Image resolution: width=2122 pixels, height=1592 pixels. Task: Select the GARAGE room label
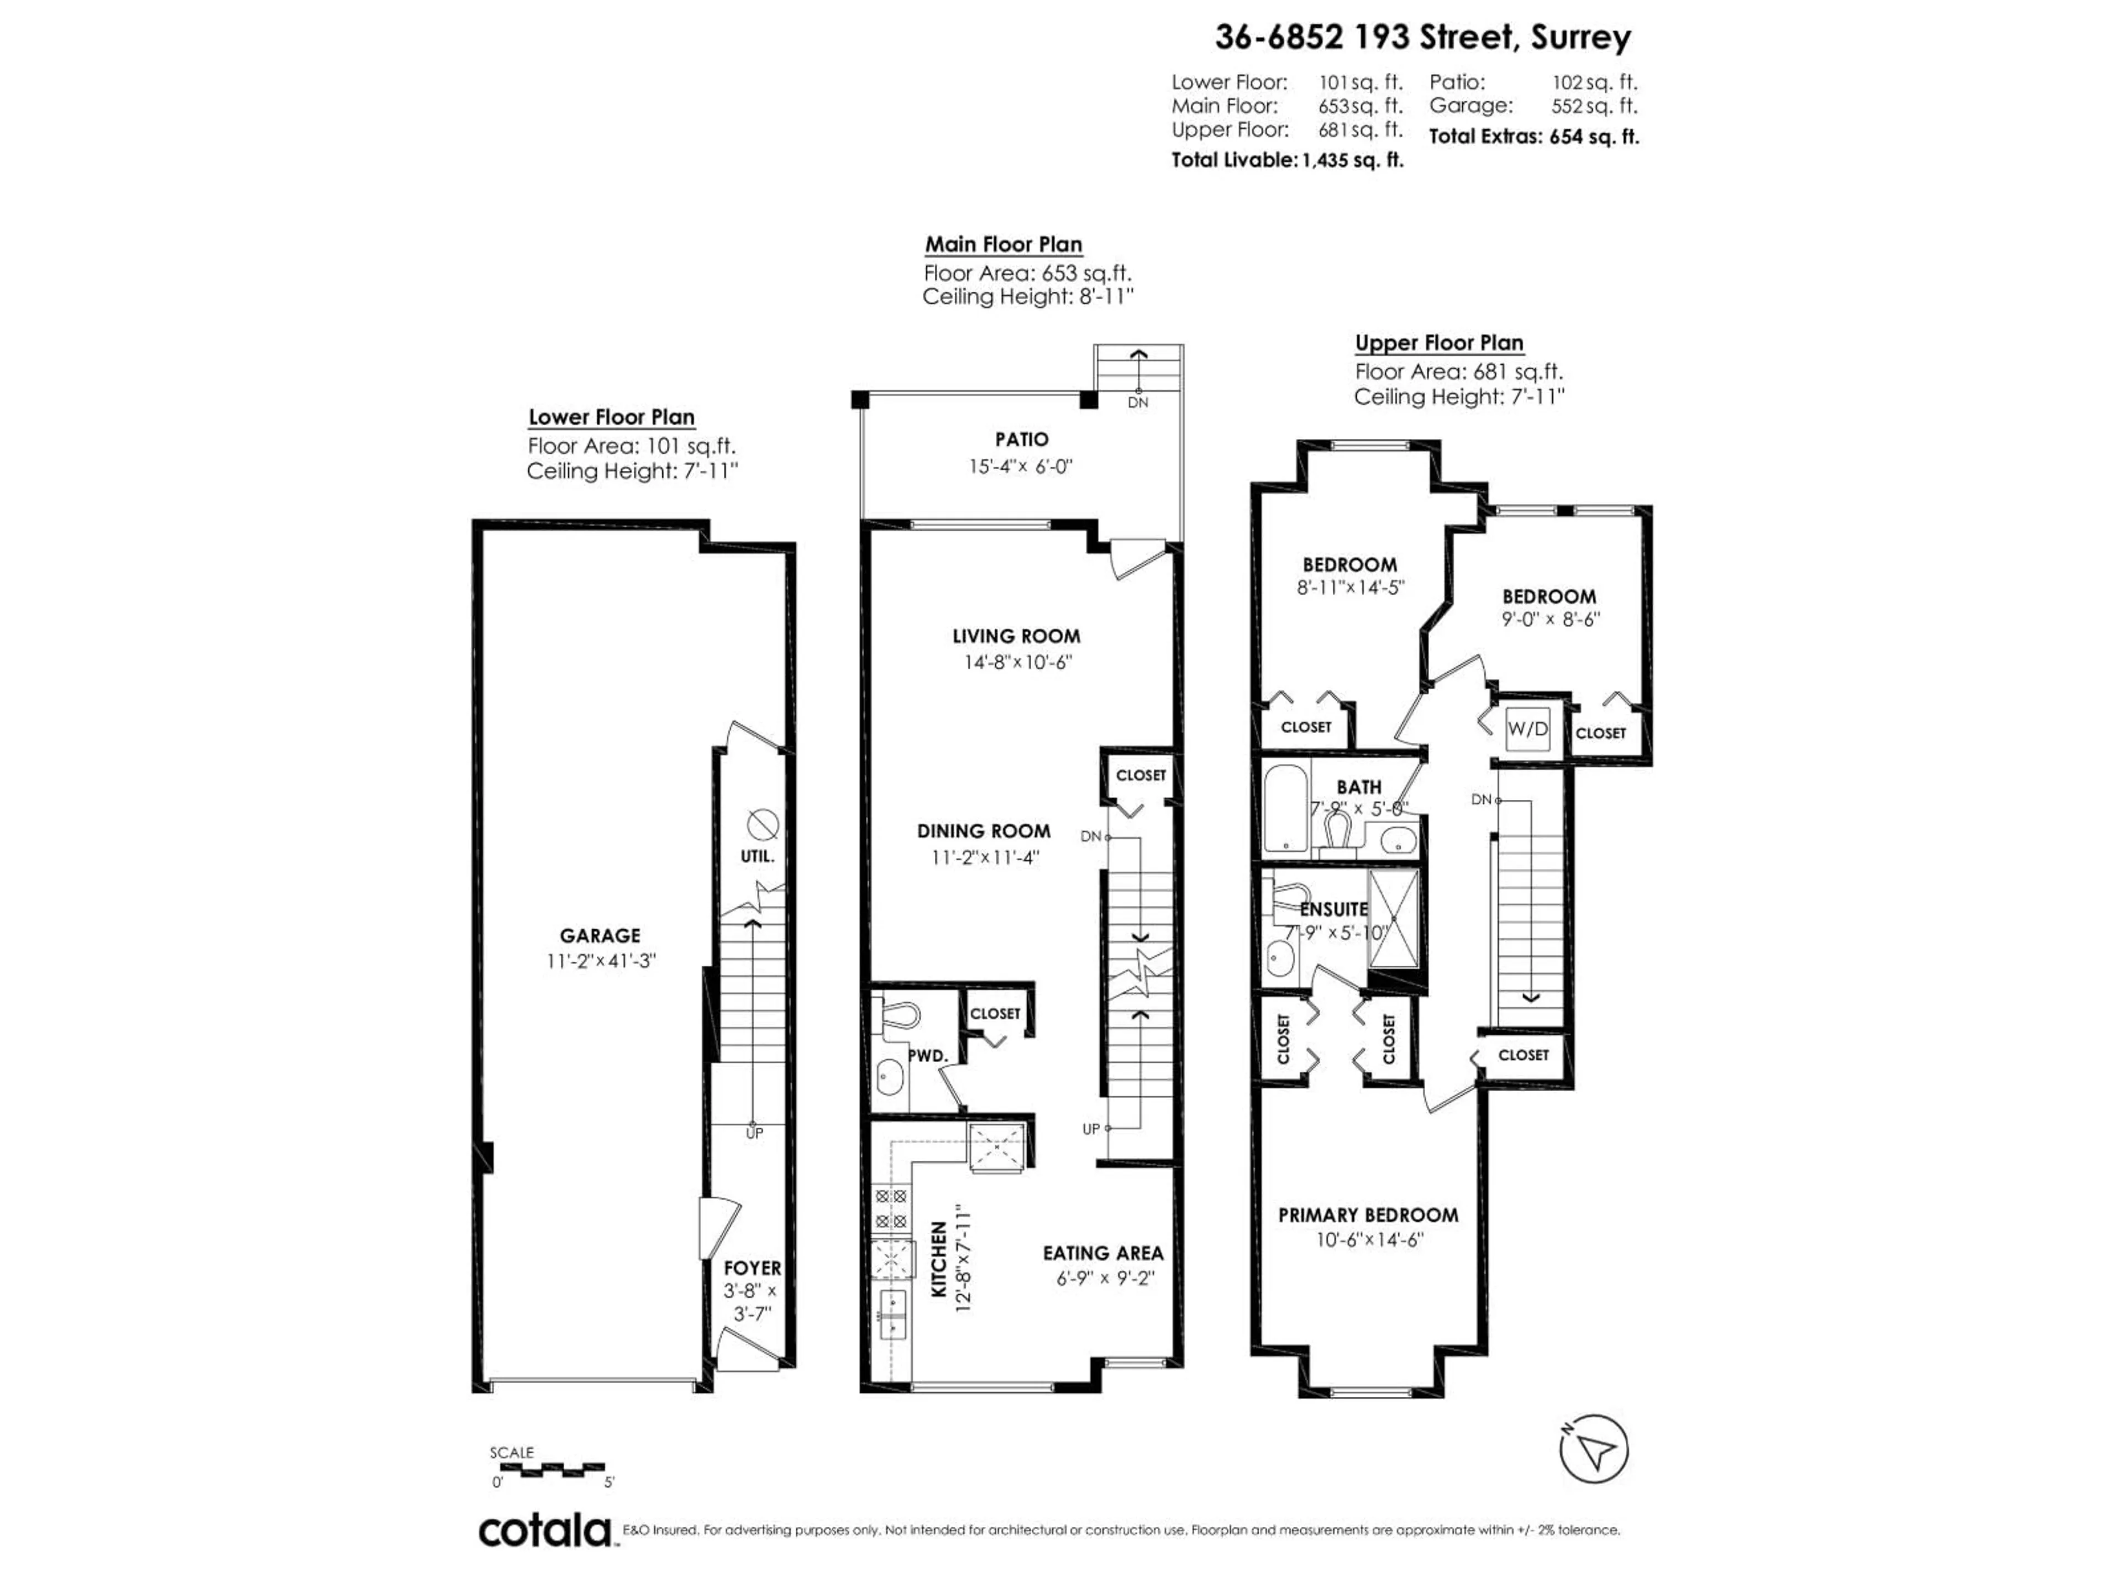pyautogui.click(x=600, y=936)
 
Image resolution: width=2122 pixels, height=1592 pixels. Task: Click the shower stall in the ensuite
pyautogui.click(x=1394, y=918)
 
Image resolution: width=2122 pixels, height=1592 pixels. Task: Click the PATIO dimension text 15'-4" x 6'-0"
pyautogui.click(x=1021, y=467)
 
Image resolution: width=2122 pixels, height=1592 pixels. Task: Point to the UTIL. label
pyautogui.click(x=757, y=856)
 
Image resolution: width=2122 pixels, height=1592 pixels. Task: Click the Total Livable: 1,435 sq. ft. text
pyautogui.click(x=1286, y=160)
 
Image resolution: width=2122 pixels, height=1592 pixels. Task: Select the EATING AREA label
pyautogui.click(x=1102, y=1253)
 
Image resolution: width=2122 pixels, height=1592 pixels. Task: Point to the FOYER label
pyautogui.click(x=752, y=1269)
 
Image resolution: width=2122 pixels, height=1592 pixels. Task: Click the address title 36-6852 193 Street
pyautogui.click(x=1422, y=38)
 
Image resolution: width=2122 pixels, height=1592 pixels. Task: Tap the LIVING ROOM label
pyautogui.click(x=1016, y=636)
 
